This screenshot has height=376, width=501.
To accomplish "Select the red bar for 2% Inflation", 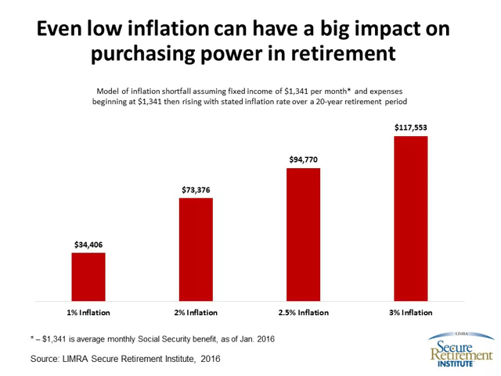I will [196, 249].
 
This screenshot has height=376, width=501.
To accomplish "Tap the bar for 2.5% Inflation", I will [304, 235].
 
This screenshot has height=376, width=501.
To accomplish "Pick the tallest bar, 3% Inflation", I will [411, 218].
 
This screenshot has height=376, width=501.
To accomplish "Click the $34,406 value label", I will [88, 245].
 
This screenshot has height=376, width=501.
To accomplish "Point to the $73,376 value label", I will [196, 190].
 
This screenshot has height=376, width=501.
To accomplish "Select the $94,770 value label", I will [304, 160].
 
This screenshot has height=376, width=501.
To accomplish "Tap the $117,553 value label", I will [411, 128].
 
